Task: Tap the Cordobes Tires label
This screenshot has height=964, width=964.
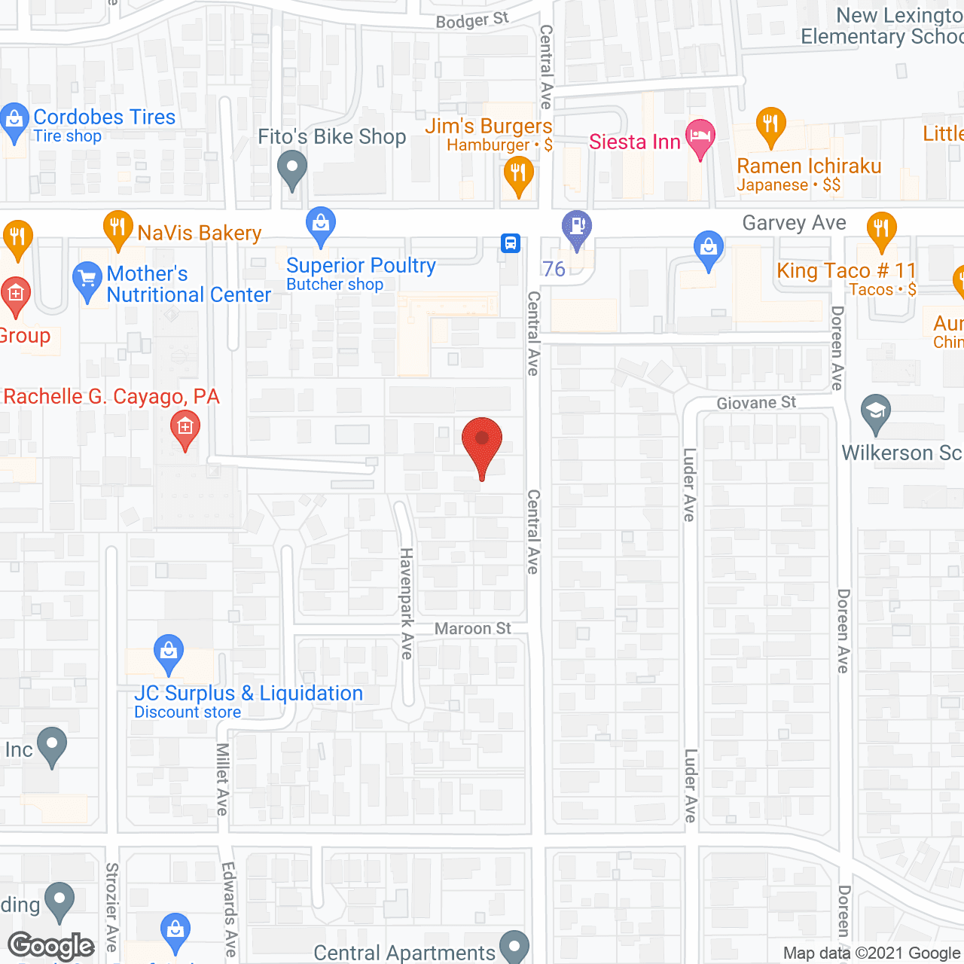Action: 104,117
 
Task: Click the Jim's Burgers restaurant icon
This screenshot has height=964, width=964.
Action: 518,174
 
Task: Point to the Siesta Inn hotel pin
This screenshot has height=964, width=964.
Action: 700,136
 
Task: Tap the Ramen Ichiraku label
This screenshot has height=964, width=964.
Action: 808,166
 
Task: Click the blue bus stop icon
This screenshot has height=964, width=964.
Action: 511,243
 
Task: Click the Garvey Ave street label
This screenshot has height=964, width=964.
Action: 794,223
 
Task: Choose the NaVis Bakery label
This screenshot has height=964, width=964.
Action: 200,233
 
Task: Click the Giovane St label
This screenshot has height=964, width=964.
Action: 755,403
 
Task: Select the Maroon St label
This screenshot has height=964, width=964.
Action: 472,628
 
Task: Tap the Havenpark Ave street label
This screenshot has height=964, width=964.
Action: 407,603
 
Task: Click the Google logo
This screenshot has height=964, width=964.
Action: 51,947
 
